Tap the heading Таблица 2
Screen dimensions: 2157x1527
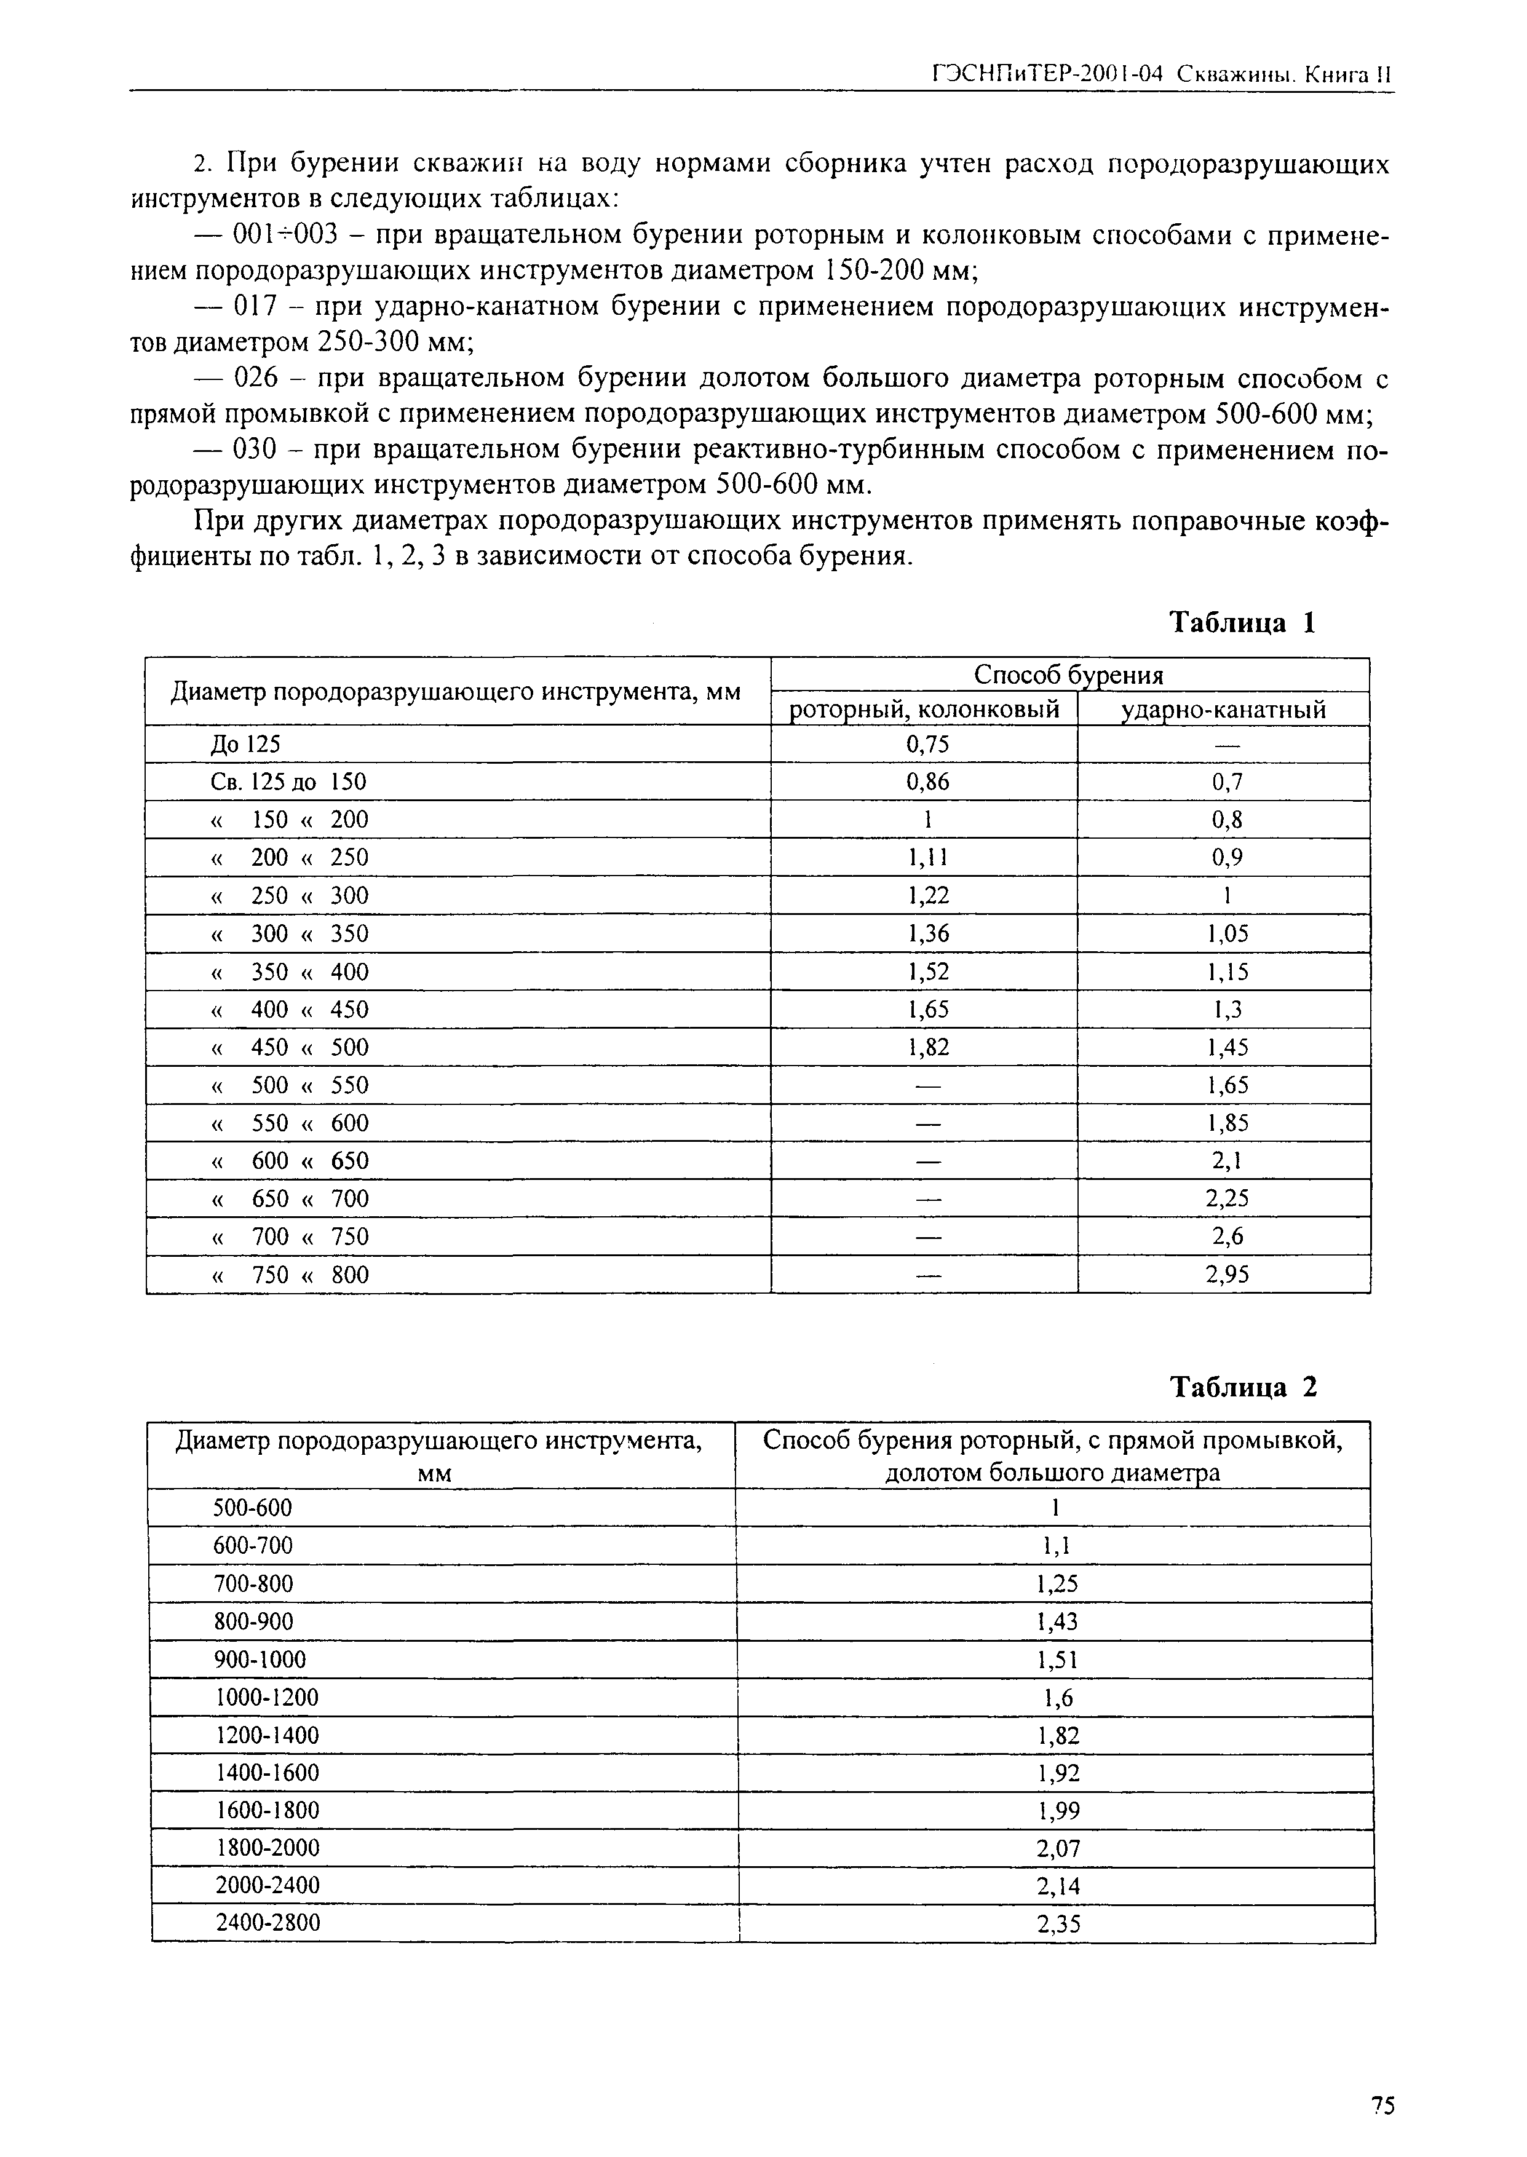coord(1243,1387)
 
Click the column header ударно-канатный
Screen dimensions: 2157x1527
coord(1224,709)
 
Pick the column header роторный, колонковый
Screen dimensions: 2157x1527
coord(925,709)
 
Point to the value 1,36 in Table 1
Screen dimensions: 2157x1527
coord(927,933)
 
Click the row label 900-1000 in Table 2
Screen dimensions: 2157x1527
coord(261,1660)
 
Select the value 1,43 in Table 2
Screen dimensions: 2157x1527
coord(1057,1621)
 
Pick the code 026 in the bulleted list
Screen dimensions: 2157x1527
coord(253,379)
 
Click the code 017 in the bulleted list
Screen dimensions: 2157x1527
coord(253,307)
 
